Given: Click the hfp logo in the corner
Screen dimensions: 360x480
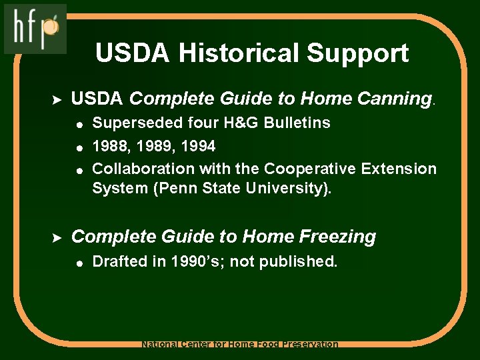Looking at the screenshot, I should [35, 28].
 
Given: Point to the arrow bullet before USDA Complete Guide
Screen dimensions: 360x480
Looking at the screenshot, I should [57, 99].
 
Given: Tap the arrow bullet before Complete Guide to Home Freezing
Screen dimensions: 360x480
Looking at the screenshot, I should [57, 237].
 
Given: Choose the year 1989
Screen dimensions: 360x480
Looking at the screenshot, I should [154, 145].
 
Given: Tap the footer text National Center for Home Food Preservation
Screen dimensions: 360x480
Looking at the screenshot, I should [240, 345].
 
